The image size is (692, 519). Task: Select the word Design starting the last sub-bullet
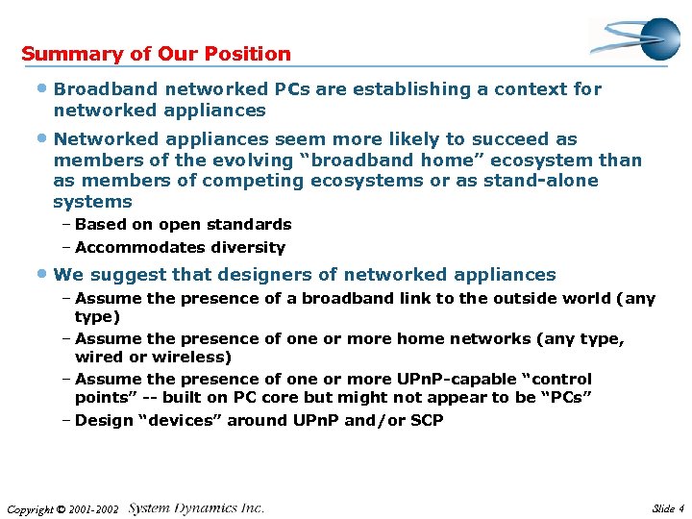point(103,420)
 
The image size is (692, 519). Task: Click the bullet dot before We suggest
point(45,274)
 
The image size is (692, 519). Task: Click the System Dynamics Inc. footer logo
point(196,507)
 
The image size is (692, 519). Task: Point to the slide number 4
point(680,508)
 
